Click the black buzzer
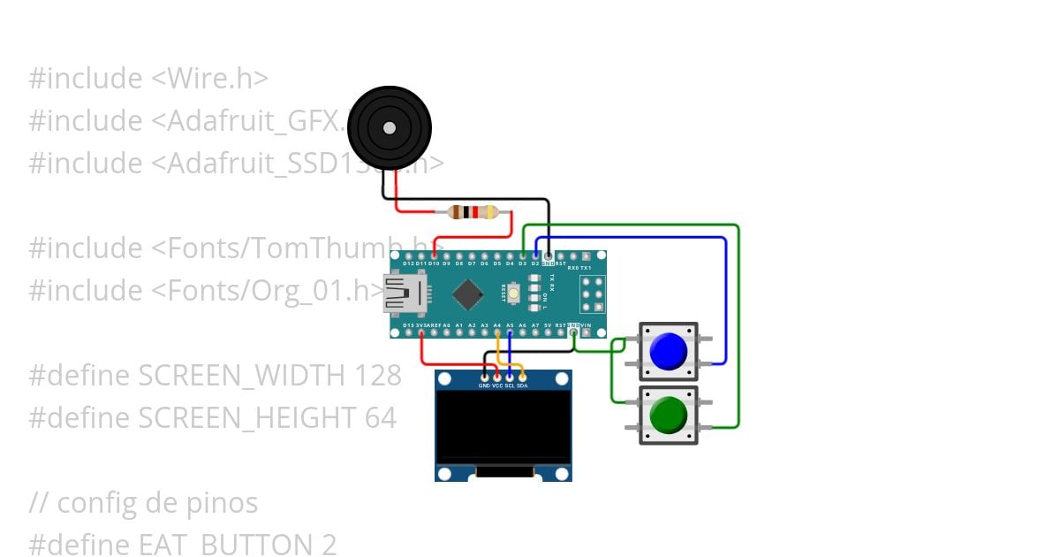point(389,129)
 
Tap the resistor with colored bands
point(473,212)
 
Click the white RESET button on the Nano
point(512,293)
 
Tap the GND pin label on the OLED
point(484,386)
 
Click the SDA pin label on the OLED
point(522,386)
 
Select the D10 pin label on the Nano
point(434,263)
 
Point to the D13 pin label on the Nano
point(408,325)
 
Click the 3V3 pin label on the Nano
point(421,325)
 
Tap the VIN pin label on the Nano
point(587,325)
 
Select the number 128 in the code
point(377,376)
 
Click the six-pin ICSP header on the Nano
point(592,294)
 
